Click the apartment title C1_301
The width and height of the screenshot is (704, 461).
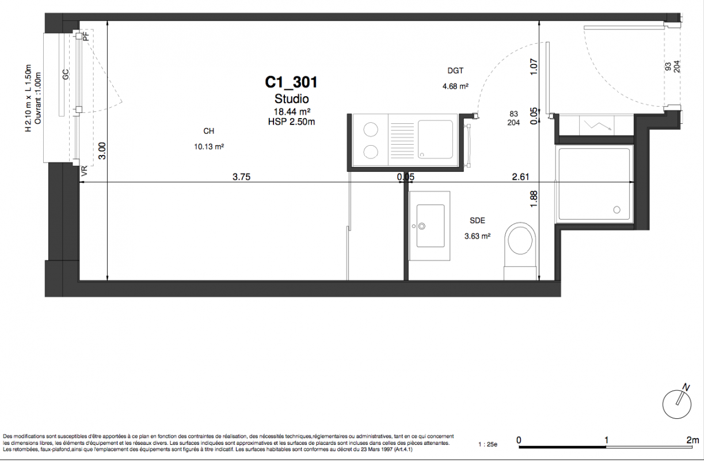(291, 82)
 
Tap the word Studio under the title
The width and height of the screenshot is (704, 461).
(292, 99)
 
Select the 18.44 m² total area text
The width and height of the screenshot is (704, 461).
(292, 112)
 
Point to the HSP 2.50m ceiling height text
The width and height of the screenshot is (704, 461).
(291, 122)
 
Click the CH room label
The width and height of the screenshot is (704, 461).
(209, 131)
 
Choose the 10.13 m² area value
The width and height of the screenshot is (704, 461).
(209, 146)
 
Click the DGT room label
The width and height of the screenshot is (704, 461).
(455, 71)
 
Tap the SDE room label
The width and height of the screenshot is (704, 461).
(477, 221)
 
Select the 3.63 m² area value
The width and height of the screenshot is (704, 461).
(477, 236)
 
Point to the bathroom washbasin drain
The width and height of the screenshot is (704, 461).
(422, 226)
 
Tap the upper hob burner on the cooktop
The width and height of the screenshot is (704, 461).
(371, 129)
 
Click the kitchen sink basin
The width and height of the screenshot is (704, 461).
(435, 139)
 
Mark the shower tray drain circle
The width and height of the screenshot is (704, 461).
(617, 210)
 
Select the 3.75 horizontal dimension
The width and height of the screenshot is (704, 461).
(241, 177)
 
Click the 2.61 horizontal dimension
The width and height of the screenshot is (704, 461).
(520, 177)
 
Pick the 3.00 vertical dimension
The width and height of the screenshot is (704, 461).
(102, 151)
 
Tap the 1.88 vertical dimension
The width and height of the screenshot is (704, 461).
(534, 199)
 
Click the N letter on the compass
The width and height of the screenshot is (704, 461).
(686, 387)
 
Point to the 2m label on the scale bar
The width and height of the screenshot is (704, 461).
(692, 440)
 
